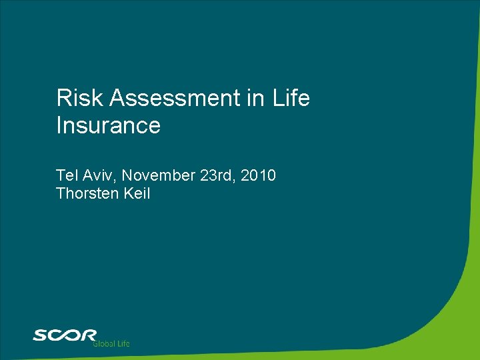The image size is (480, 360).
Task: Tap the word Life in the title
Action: (291, 99)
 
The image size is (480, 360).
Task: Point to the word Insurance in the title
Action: (109, 125)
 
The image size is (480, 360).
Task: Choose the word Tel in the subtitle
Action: (67, 175)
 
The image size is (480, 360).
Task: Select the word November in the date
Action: (157, 175)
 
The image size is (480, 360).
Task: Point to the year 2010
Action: (259, 175)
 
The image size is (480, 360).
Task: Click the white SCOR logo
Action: (65, 335)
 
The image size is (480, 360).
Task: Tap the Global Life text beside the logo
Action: (111, 343)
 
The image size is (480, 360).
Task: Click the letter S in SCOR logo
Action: (41, 335)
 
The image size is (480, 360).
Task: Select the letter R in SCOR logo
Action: (89, 335)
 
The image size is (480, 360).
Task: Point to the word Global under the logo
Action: (103, 343)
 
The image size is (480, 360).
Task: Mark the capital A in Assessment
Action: (118, 99)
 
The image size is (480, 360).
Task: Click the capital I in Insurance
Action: (59, 125)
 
